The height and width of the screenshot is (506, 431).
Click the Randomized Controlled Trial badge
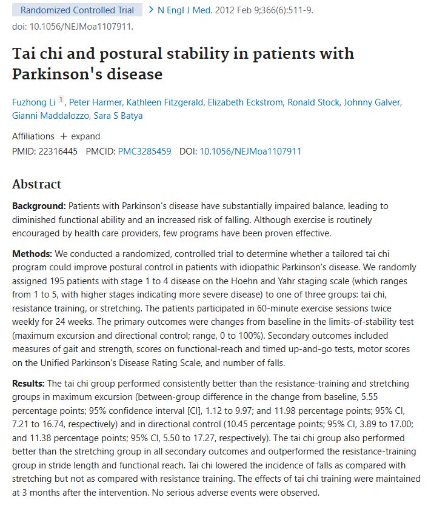click(x=77, y=10)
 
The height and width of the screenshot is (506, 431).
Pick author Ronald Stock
click(x=313, y=102)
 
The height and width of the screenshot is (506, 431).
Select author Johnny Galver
click(x=371, y=102)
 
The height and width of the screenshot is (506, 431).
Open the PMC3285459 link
click(x=144, y=151)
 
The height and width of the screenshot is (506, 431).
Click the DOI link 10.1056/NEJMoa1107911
click(x=250, y=151)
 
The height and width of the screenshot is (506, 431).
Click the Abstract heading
click(x=37, y=185)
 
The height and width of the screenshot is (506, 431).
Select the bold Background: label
click(x=39, y=206)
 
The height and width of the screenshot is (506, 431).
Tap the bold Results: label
click(x=28, y=384)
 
